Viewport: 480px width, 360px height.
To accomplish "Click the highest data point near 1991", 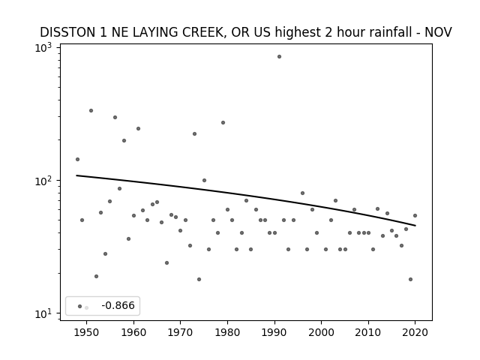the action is [x=279, y=57].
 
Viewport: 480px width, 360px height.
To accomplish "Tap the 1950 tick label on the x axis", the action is [x=87, y=333].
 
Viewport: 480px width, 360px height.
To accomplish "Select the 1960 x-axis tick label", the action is [x=133, y=333].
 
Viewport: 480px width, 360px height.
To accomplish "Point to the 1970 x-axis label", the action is [x=181, y=333].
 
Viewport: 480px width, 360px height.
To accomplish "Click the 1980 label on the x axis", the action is [x=227, y=333].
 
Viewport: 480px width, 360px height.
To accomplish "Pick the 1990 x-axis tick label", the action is [x=274, y=333].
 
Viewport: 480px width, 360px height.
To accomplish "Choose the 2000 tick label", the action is [x=322, y=333].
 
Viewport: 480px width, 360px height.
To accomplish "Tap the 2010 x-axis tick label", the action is [x=368, y=333].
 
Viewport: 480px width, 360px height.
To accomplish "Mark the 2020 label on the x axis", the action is [x=415, y=333].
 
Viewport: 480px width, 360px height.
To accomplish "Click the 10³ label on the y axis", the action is [x=43, y=48].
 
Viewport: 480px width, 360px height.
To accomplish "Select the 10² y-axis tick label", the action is [x=43, y=181].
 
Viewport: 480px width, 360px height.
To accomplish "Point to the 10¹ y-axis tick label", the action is [x=43, y=313].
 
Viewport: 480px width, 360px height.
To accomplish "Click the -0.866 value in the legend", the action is [x=118, y=305].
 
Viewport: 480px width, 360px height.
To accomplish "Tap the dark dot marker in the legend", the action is [x=80, y=307].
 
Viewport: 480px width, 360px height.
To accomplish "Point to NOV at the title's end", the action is [x=438, y=32].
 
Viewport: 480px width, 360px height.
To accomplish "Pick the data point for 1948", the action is [x=77, y=159].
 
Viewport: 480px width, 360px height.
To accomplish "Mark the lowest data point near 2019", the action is [x=410, y=279].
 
